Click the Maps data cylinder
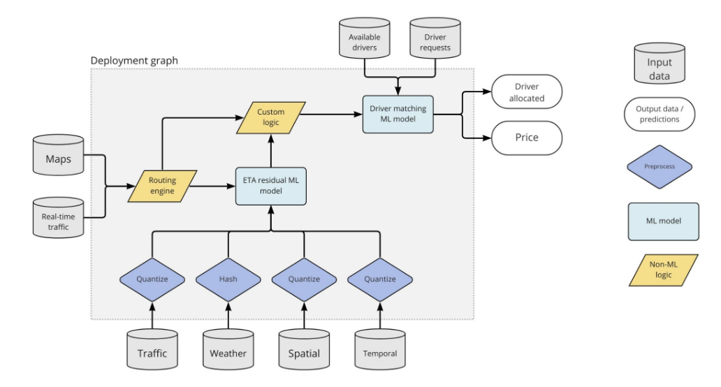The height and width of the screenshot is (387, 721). tap(59, 159)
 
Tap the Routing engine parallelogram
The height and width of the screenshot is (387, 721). tap(162, 186)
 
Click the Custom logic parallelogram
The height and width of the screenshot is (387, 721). tap(271, 117)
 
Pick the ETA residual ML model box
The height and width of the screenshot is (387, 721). tap(271, 186)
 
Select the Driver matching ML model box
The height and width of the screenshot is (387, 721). tap(398, 113)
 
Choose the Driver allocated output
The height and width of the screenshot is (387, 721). tap(527, 92)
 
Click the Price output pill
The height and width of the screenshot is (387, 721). tap(527, 138)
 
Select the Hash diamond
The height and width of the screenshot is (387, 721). tap(228, 279)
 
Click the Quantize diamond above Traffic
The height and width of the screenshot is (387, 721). tap(152, 279)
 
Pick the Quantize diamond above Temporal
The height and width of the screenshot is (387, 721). tap(380, 279)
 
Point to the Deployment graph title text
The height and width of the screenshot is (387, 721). tap(134, 61)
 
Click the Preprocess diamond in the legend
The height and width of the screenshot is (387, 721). tap(660, 167)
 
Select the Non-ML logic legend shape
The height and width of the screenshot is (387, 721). tap(663, 270)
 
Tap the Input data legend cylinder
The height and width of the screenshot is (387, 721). tap(659, 67)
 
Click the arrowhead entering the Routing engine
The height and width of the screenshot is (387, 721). tap(132, 186)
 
